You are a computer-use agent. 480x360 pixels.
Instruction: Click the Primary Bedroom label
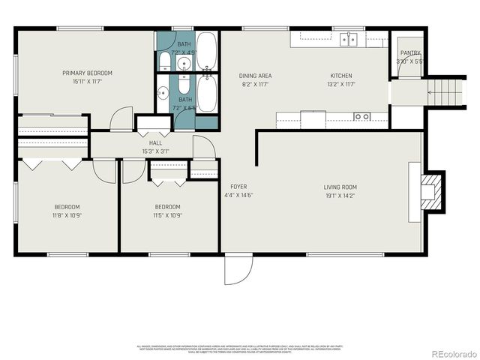click(x=87, y=73)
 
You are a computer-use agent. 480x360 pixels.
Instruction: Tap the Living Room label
click(x=340, y=187)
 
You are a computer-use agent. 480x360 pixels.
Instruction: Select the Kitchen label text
click(x=341, y=76)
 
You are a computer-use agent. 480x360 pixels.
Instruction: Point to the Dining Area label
click(x=255, y=76)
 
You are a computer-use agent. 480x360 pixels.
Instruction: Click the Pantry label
click(x=409, y=53)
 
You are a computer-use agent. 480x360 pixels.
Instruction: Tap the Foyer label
click(x=238, y=187)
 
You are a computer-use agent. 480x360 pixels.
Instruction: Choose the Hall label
click(x=155, y=142)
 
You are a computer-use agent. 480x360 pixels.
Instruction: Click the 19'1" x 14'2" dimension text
click(x=340, y=196)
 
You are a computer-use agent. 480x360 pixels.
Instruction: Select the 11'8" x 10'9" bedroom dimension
click(x=66, y=215)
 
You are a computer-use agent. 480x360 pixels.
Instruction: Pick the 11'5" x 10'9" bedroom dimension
click(x=167, y=215)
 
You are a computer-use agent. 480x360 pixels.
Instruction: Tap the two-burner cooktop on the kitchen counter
click(x=361, y=116)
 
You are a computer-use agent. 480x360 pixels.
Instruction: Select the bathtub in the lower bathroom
click(x=207, y=93)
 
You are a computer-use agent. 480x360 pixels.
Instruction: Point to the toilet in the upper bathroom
click(x=165, y=61)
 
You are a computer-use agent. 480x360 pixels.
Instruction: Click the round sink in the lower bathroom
click(x=163, y=94)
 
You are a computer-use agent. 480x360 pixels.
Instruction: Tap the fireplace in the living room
click(x=429, y=190)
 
